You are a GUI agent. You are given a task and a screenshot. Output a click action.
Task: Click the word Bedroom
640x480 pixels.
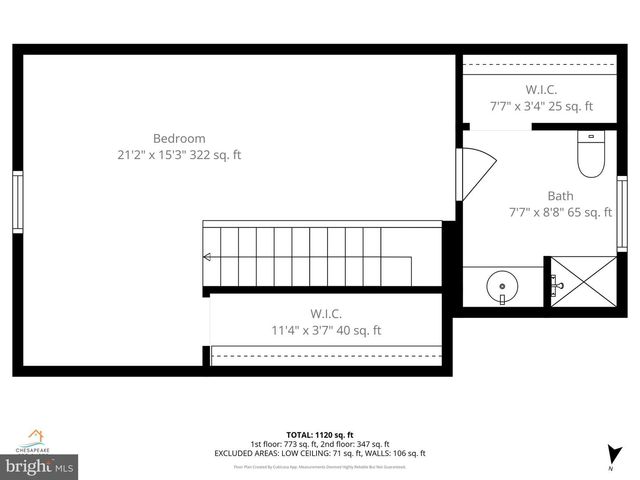click(x=179, y=138)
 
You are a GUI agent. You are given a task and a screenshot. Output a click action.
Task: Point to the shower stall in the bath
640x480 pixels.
click(x=582, y=285)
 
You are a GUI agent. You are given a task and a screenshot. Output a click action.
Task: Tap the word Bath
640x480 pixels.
click(x=560, y=195)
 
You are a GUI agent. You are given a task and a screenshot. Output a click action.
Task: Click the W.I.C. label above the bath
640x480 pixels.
click(x=541, y=89)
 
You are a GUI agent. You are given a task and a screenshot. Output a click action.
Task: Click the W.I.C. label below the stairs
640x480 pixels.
click(x=326, y=313)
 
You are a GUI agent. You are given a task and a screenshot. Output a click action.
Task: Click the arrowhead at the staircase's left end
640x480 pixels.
click(x=206, y=257)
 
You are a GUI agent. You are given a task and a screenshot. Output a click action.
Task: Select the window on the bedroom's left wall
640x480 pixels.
click(x=17, y=202)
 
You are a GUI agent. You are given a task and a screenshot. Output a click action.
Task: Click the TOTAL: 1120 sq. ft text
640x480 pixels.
click(x=319, y=435)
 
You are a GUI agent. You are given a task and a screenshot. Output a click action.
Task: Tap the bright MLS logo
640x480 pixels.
click(x=40, y=466)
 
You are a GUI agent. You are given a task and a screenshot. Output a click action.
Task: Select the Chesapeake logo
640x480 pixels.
click(x=35, y=441)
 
